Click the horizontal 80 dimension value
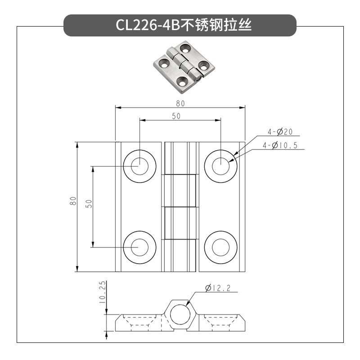pos(180,103)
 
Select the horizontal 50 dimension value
pos(176,116)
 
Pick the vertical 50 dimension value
pos(89,203)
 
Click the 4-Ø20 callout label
pos(280,132)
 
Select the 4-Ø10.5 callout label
pos(283,145)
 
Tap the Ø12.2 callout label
pos(217,288)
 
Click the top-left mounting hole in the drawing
pos(139,166)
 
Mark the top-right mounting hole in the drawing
pos(220,166)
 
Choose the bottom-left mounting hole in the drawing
pos(139,247)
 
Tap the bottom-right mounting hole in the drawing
pos(220,247)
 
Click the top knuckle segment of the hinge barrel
pos(180,158)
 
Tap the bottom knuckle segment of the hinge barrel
pos(180,256)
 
